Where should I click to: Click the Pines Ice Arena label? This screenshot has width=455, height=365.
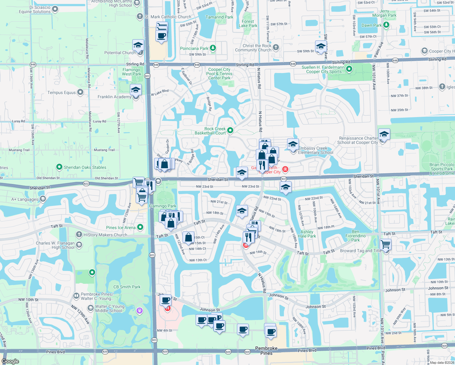click(x=121, y=228)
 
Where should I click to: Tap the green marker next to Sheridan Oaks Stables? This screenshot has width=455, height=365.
click(x=59, y=167)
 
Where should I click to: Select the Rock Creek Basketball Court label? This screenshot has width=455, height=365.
click(x=210, y=131)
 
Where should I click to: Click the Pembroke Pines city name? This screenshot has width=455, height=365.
click(x=266, y=350)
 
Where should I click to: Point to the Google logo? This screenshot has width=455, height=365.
click(x=10, y=361)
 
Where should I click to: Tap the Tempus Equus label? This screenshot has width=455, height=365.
click(x=61, y=92)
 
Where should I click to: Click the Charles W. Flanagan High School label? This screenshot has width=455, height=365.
click(x=55, y=245)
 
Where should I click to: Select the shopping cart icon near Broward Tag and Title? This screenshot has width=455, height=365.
click(x=385, y=244)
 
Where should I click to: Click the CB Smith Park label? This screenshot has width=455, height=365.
click(x=127, y=287)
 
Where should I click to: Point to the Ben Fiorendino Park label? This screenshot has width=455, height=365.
click(x=356, y=236)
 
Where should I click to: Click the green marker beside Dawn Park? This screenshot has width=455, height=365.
click(x=386, y=25)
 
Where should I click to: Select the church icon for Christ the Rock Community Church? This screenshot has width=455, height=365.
click(x=276, y=47)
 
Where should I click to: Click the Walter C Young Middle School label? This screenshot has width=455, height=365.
click(x=109, y=308)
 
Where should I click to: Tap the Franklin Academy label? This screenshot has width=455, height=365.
click(x=114, y=97)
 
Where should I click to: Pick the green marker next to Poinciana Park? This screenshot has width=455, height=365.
click(x=213, y=48)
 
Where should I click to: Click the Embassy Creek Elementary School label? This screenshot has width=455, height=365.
click(x=315, y=150)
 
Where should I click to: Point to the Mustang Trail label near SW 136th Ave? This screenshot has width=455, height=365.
click(x=19, y=150)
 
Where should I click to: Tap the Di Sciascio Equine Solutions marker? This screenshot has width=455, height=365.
click(x=55, y=9)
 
